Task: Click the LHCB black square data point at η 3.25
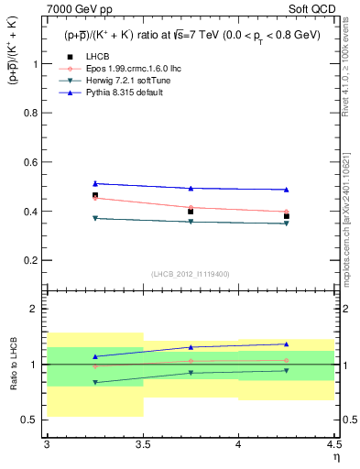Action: click(x=94, y=195)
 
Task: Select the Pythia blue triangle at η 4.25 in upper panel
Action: click(x=287, y=190)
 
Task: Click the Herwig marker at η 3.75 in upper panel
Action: click(x=191, y=222)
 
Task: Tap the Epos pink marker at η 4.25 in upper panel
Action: click(x=287, y=212)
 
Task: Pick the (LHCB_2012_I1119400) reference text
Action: click(x=191, y=274)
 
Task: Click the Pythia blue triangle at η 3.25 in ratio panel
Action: click(x=94, y=356)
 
